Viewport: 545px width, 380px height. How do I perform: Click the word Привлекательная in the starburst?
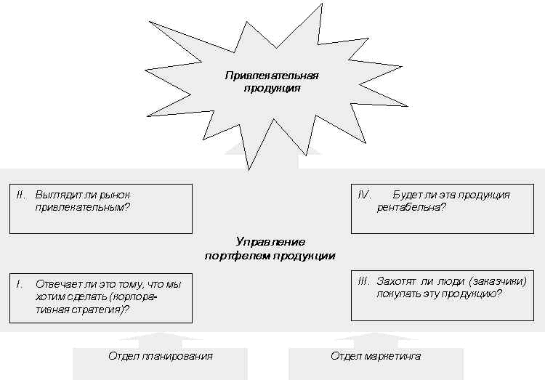click(x=272, y=76)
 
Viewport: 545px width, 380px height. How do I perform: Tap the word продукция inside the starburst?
click(x=272, y=89)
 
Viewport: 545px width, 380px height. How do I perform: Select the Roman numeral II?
click(x=21, y=195)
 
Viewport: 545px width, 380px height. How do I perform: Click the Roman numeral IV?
click(x=365, y=195)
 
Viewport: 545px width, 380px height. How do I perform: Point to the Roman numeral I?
click(x=20, y=284)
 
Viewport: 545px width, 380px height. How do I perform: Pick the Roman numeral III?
click(x=364, y=281)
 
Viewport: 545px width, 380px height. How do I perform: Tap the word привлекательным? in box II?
click(x=82, y=208)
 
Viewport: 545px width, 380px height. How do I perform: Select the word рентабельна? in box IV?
click(x=411, y=208)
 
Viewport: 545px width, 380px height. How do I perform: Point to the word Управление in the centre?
click(x=270, y=242)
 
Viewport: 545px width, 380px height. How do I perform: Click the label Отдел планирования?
click(x=161, y=356)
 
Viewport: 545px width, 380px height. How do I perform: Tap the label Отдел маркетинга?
click(x=376, y=356)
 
